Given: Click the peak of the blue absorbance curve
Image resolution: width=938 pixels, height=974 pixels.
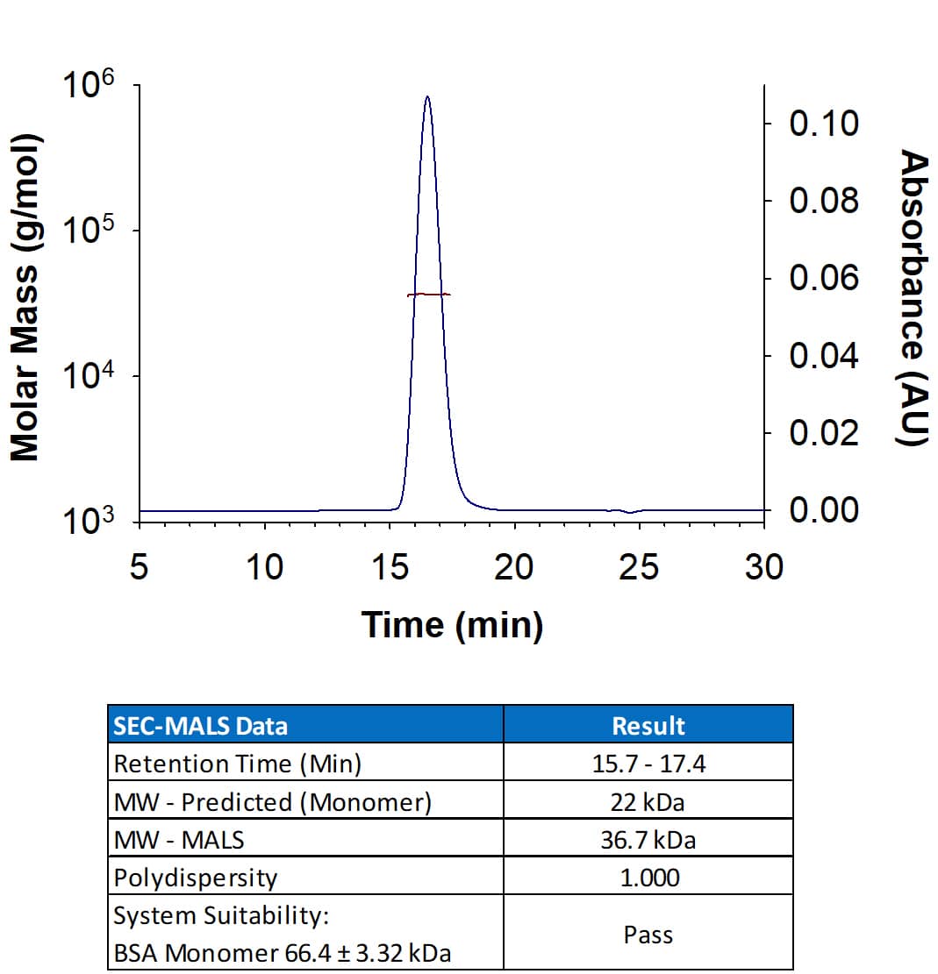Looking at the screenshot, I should pos(426,97).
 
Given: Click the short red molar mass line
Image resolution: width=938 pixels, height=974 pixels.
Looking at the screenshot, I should pos(429,295).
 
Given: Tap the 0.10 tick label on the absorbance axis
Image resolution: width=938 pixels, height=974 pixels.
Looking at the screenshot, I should pos(823,124).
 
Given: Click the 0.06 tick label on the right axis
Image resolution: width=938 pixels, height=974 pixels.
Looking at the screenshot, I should pos(823,279).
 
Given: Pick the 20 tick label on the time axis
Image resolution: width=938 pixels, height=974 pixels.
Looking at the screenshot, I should pos(512,568).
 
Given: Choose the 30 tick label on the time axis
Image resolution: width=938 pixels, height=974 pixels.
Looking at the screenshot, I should pos(763,568).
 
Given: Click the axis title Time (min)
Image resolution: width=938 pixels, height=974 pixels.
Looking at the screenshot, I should pos(452,624).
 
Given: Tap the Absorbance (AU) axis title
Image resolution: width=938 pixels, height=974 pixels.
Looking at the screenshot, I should pos(914,298).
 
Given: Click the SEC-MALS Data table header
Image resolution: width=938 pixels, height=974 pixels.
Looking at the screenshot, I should pos(200,725).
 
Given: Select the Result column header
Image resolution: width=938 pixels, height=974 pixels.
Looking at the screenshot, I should pos(648,725).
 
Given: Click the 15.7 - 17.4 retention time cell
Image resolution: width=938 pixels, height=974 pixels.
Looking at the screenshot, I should pos(648,764).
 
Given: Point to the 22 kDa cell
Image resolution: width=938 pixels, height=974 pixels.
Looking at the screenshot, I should pos(648,802).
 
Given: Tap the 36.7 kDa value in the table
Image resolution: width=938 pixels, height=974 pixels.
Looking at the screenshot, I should pos(648,840).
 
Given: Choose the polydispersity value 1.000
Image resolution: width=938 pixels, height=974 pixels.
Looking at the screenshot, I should pos(648,878).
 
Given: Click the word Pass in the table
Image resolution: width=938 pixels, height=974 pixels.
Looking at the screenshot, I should pos(648,935).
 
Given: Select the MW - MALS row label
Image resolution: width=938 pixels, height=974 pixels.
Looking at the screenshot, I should pos(179,840).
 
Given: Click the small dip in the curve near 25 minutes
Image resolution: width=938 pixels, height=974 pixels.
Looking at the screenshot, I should pos(629,512).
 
